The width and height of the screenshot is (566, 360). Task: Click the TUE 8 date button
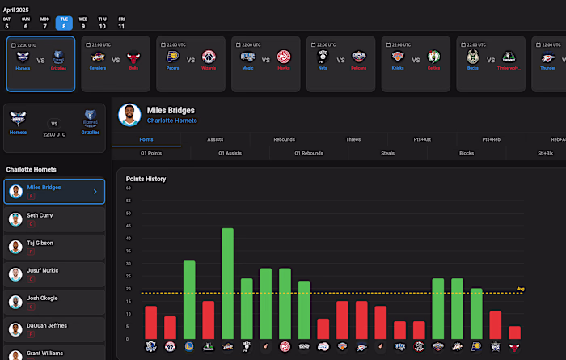click(x=64, y=22)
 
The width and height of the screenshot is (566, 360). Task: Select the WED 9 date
click(x=83, y=22)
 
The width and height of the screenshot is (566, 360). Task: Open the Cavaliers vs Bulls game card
click(x=116, y=63)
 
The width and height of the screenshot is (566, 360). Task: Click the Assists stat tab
click(x=215, y=139)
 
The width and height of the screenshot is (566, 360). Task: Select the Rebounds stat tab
click(x=284, y=139)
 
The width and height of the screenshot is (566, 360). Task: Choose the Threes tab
click(x=353, y=139)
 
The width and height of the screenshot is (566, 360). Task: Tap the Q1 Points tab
click(x=151, y=152)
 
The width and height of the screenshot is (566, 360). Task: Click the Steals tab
click(x=388, y=152)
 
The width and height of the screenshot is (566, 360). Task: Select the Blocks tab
click(x=467, y=152)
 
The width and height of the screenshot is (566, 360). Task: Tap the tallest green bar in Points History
click(x=227, y=282)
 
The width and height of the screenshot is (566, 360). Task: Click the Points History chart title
click(x=146, y=178)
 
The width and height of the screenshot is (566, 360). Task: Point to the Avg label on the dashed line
click(x=521, y=289)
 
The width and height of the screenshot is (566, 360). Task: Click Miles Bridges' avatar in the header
click(x=129, y=115)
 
